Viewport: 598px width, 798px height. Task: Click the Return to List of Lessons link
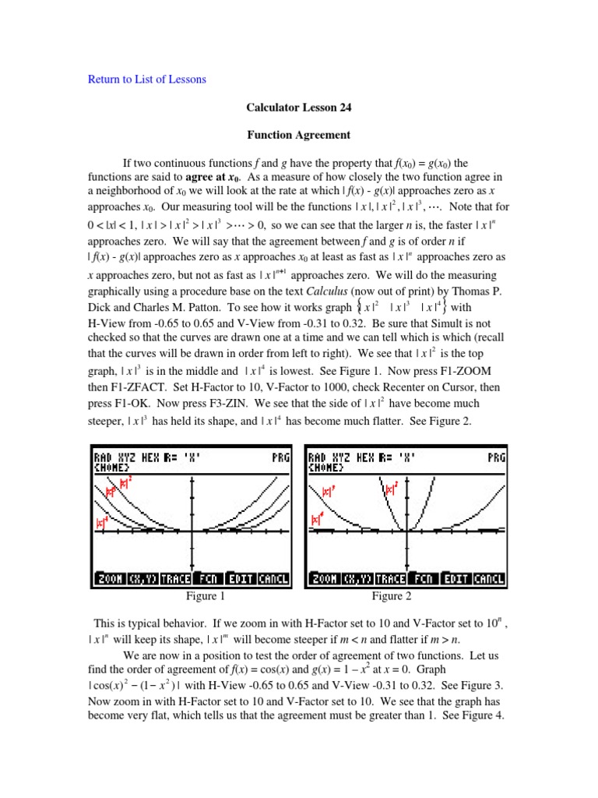click(x=145, y=79)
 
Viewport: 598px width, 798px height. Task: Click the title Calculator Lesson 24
click(x=299, y=107)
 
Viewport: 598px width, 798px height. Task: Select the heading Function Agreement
click(x=299, y=135)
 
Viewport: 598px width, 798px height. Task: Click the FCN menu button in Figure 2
click(x=424, y=579)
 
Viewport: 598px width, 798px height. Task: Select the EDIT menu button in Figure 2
click(x=456, y=579)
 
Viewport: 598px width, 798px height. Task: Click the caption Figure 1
click(x=206, y=597)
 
